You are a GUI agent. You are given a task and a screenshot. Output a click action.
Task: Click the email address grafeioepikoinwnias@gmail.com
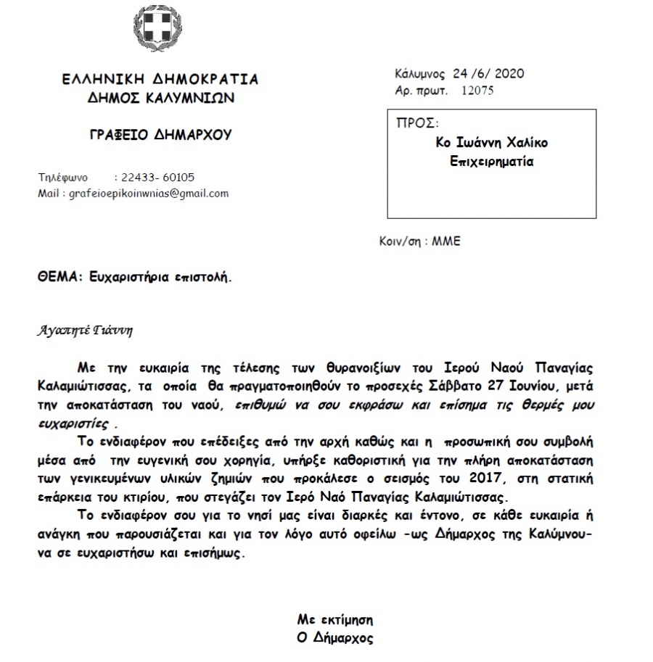pos(148,194)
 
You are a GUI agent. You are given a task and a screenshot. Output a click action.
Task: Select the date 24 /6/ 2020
pos(488,73)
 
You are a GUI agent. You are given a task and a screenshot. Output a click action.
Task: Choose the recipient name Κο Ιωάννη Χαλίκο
pos(492,143)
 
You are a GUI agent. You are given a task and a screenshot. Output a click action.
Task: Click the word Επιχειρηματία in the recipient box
pos(492,161)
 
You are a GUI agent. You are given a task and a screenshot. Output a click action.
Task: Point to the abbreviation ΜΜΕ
pos(446,241)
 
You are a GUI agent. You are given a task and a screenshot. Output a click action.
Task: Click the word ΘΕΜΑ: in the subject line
pos(57,276)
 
